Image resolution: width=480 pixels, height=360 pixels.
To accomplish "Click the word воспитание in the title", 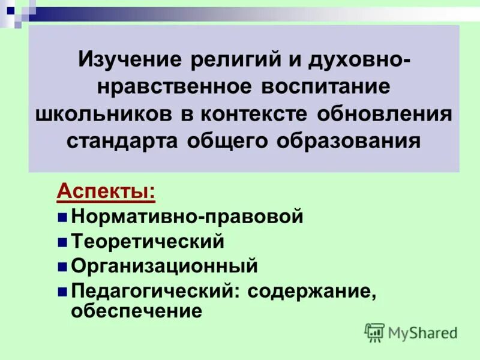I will (x=325, y=86).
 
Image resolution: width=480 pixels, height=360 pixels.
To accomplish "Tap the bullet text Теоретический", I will (x=148, y=241).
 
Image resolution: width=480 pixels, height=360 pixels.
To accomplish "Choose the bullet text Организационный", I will (x=164, y=265).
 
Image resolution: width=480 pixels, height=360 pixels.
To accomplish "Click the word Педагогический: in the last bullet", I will (x=154, y=290).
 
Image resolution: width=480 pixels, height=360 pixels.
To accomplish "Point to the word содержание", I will (x=311, y=290).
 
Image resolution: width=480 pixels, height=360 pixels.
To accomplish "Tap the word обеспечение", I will (x=136, y=311).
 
